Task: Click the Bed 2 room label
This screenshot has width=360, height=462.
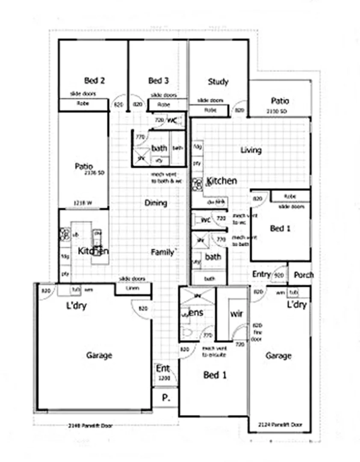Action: [94, 80]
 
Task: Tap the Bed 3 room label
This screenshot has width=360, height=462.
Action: [158, 80]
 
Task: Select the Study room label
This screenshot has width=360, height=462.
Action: [218, 82]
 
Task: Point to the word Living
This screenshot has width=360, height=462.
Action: [251, 150]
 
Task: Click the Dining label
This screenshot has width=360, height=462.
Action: [156, 203]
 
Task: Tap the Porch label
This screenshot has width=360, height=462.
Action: [304, 275]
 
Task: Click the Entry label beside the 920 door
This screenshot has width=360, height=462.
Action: [261, 274]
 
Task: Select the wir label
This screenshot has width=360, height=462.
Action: [236, 314]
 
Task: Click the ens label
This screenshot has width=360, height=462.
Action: [196, 313]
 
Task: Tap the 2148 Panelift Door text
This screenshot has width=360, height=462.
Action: [90, 426]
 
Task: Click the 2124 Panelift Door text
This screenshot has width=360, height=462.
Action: [280, 425]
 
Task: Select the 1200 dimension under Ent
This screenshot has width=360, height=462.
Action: [164, 379]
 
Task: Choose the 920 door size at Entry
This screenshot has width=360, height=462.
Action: [279, 275]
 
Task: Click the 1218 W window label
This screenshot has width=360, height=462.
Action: [83, 203]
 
